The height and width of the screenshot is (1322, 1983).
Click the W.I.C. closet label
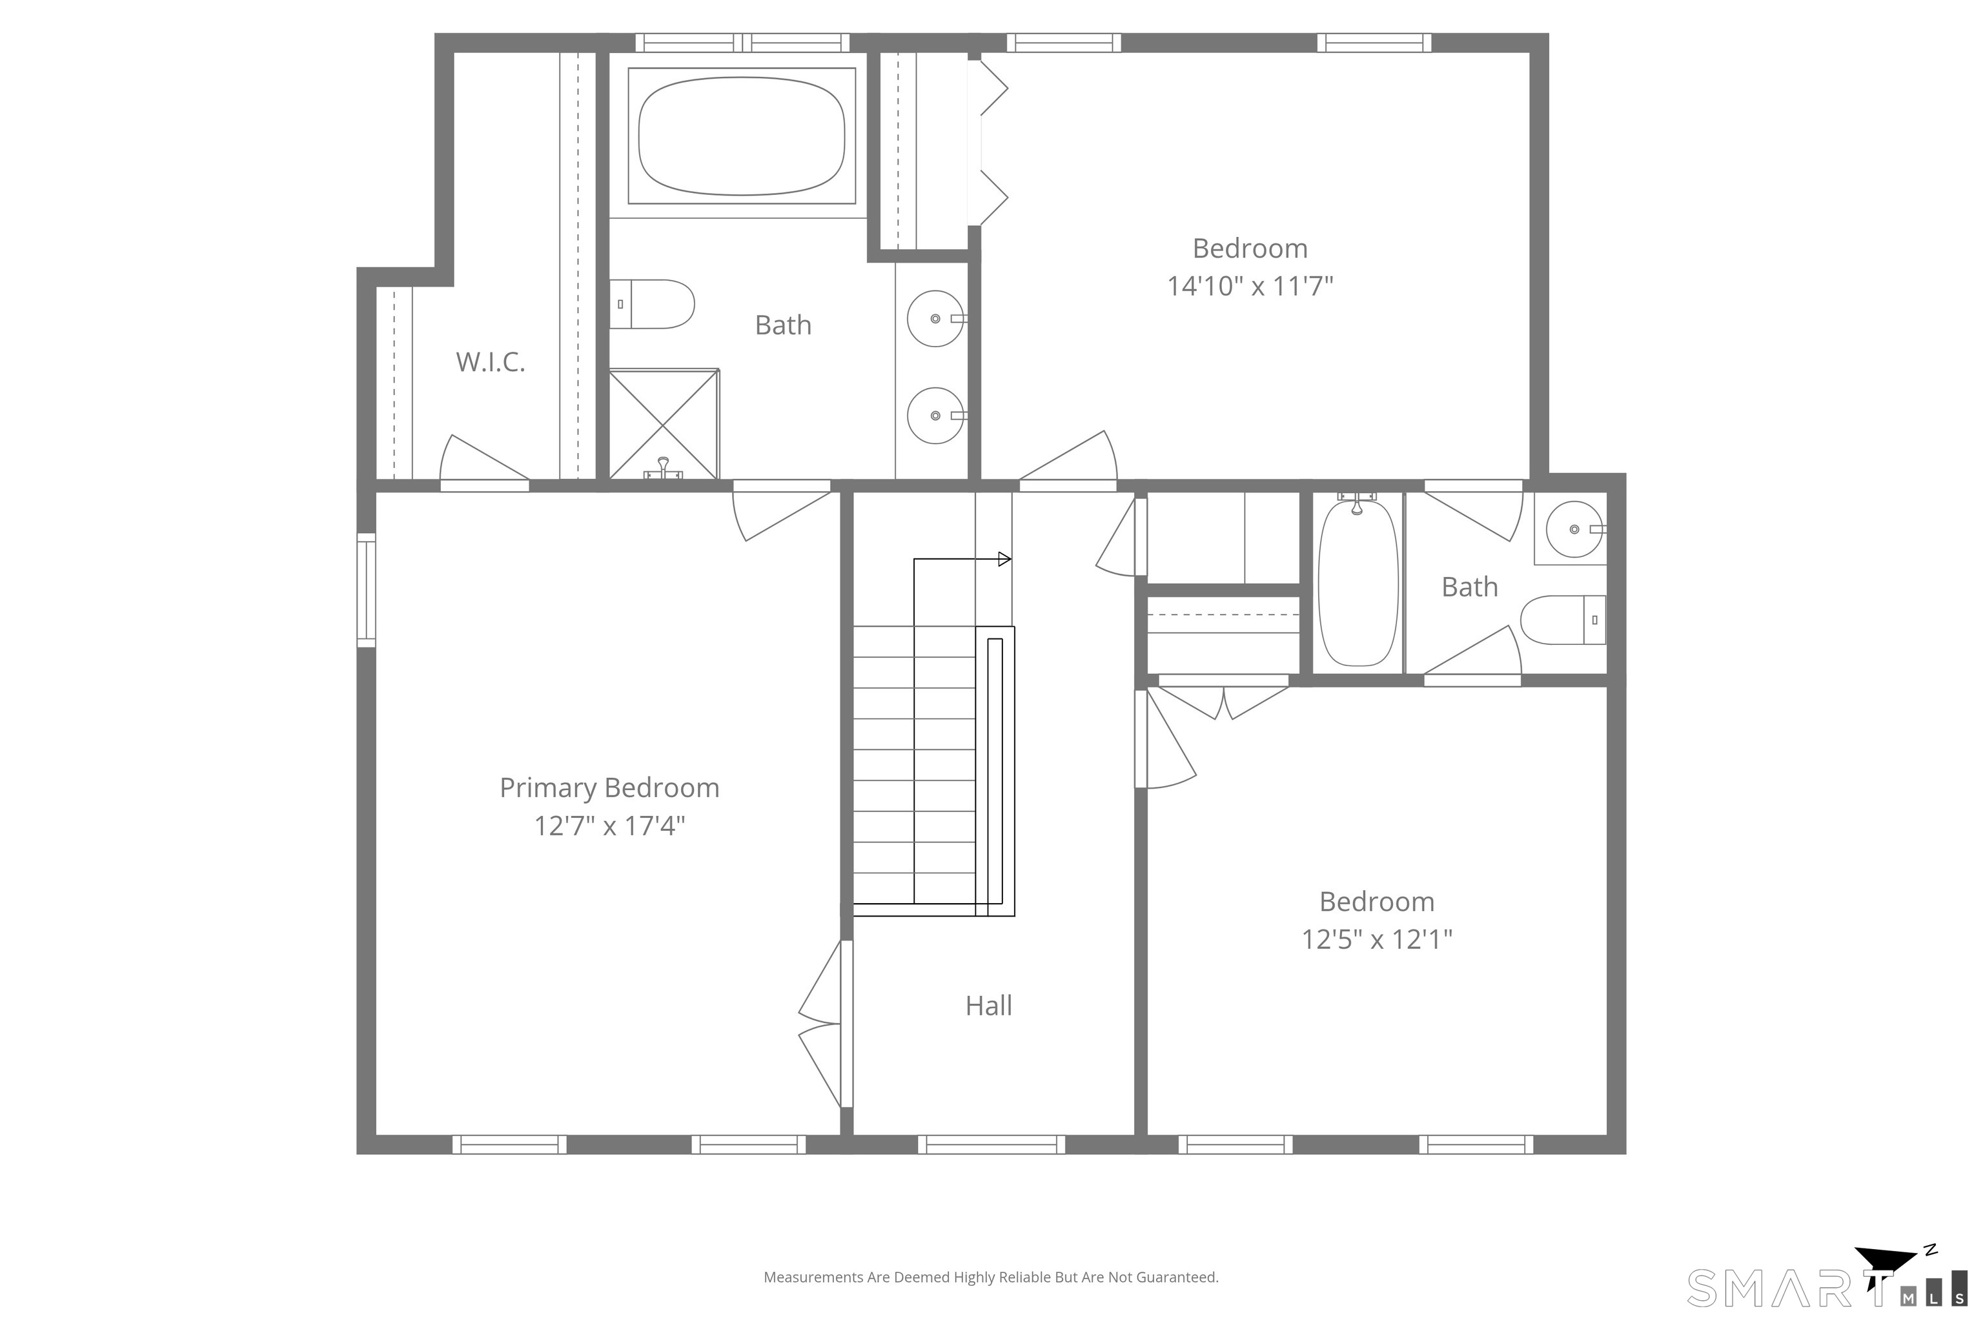tap(490, 361)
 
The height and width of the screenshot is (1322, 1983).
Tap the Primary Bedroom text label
tap(609, 788)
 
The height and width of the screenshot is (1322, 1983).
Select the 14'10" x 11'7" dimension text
tap(1250, 286)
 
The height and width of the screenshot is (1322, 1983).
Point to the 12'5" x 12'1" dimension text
tap(1377, 939)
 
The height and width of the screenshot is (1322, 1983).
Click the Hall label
tap(988, 1005)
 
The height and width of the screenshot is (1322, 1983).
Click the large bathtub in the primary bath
tap(742, 136)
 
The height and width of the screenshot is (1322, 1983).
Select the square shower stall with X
tap(664, 424)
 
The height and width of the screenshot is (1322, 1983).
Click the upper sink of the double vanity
tap(936, 319)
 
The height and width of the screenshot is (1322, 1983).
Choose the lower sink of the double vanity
tap(936, 416)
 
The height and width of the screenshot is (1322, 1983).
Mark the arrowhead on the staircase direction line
tap(1005, 559)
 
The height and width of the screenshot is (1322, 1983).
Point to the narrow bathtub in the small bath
tap(1358, 583)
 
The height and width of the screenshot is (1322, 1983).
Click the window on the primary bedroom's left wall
tap(366, 590)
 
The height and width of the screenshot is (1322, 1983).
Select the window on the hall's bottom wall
tap(991, 1144)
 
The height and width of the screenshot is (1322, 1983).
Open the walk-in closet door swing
tap(485, 460)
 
